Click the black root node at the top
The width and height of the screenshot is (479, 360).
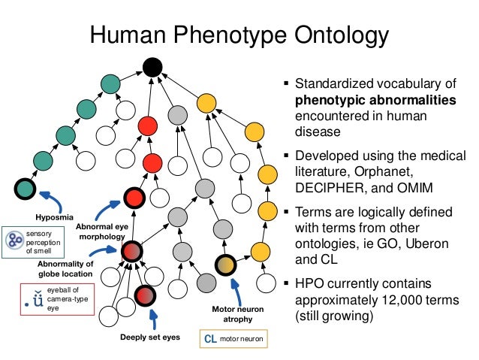[x=152, y=68]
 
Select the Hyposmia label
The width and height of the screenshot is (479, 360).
[x=52, y=217]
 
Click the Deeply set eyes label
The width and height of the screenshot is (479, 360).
[x=149, y=337]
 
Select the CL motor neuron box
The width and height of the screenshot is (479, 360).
[x=232, y=339]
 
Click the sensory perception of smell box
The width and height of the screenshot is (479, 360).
[x=28, y=241]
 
